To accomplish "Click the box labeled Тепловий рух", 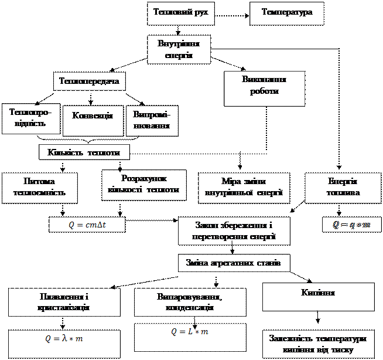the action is (x=180, y=12).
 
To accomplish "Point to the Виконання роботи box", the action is (x=264, y=87).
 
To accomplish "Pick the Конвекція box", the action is (x=93, y=115).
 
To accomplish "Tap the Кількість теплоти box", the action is (x=84, y=152).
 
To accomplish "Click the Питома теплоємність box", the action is (x=39, y=187).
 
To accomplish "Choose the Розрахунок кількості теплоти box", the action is (x=144, y=184).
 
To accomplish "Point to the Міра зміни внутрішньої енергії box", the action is (x=244, y=187).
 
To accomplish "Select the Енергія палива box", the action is (x=343, y=187).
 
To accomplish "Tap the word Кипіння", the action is (x=318, y=292).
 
